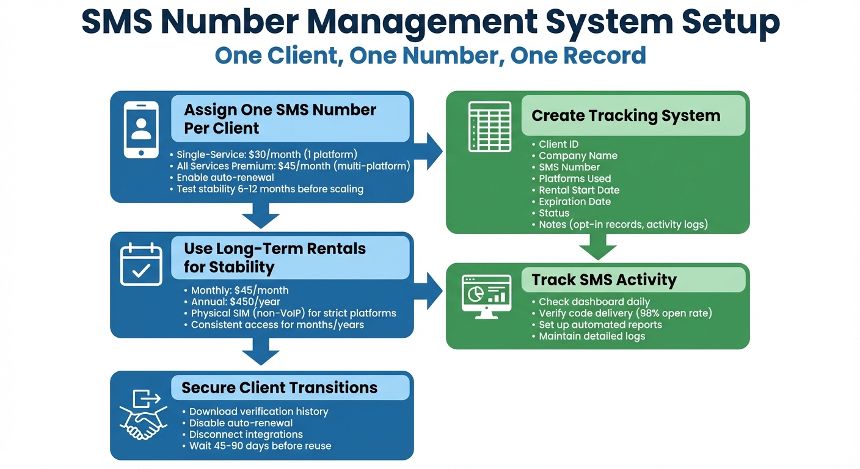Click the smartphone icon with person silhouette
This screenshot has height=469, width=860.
[x=141, y=129]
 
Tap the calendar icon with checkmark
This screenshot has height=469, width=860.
[x=141, y=264]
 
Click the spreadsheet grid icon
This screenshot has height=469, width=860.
[x=489, y=126]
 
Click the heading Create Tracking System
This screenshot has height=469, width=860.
[x=625, y=115]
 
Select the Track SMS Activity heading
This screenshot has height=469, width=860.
[x=603, y=280]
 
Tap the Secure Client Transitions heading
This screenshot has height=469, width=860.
[x=279, y=388]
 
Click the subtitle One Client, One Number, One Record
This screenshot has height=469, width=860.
[x=430, y=56]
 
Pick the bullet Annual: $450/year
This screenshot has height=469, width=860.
[x=236, y=302]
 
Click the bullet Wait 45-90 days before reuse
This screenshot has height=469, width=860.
[x=260, y=446]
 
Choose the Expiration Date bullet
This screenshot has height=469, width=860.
[x=574, y=202]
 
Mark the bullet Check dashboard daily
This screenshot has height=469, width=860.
[x=594, y=302]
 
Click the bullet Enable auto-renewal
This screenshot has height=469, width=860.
[x=225, y=177]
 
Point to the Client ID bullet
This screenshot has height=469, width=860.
[x=558, y=144]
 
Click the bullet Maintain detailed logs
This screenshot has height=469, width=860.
[x=591, y=336]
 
